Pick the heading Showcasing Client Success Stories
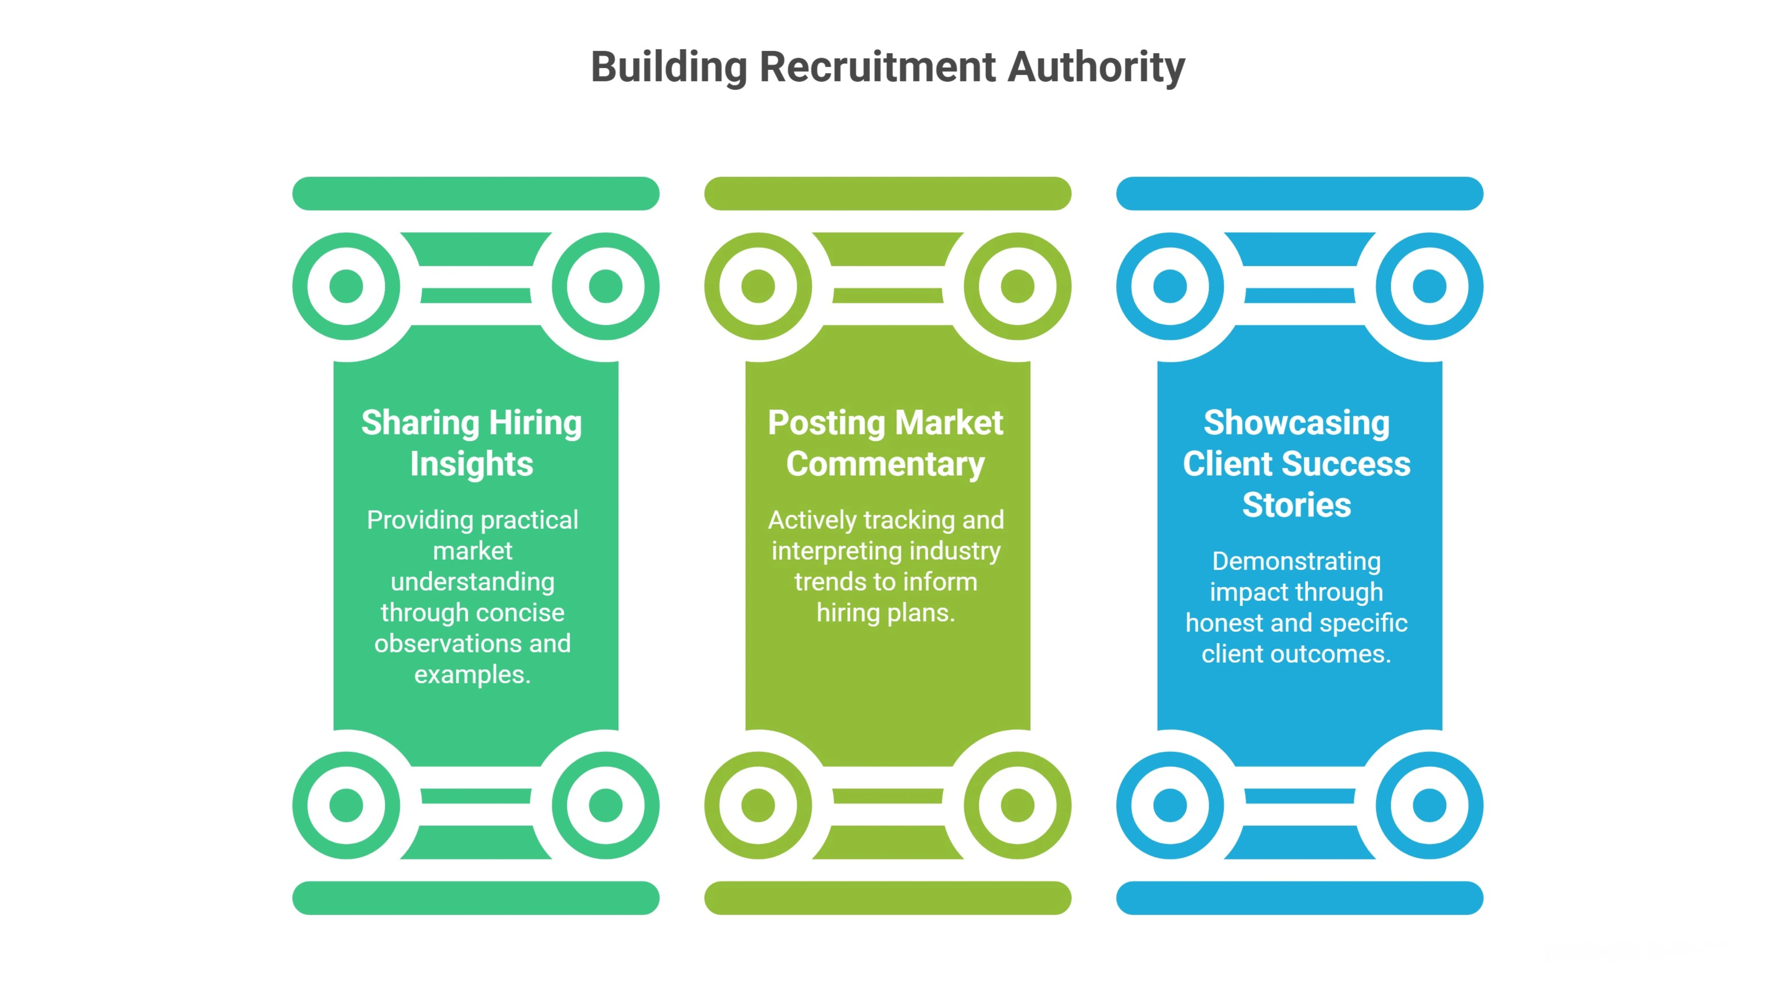tap(1296, 463)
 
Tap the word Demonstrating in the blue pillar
tap(1296, 561)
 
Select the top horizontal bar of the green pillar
tap(476, 194)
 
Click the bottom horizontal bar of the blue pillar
tap(1300, 898)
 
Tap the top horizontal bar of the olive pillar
tap(887, 194)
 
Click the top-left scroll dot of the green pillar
tap(346, 286)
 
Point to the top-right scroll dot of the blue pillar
tap(1429, 286)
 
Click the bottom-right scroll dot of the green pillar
tap(605, 805)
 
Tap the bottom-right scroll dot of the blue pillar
tap(1429, 805)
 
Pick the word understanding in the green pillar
tap(472, 582)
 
